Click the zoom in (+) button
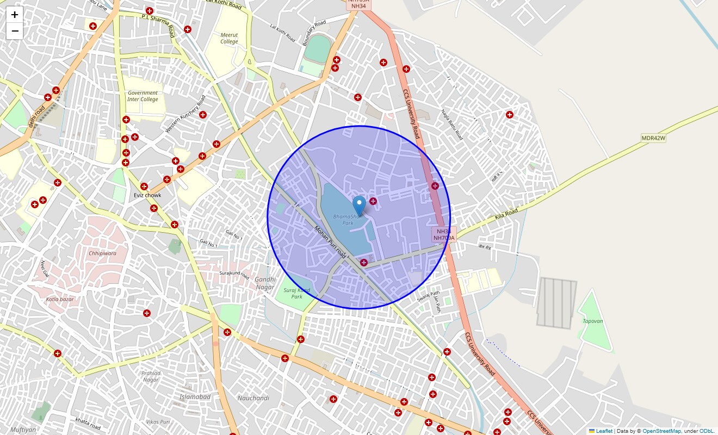(15, 15)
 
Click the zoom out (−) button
(15, 31)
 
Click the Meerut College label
(229, 38)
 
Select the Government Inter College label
(143, 96)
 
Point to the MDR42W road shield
(653, 138)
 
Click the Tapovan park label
(593, 321)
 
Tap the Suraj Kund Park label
(296, 293)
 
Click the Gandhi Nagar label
(265, 283)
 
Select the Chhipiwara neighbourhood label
(102, 253)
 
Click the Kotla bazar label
(60, 299)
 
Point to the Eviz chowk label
(147, 195)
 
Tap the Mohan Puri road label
(330, 241)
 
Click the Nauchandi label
(253, 398)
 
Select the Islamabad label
(195, 397)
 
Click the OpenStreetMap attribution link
(661, 431)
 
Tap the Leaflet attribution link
(604, 431)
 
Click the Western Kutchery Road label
(185, 114)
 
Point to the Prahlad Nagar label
(151, 376)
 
